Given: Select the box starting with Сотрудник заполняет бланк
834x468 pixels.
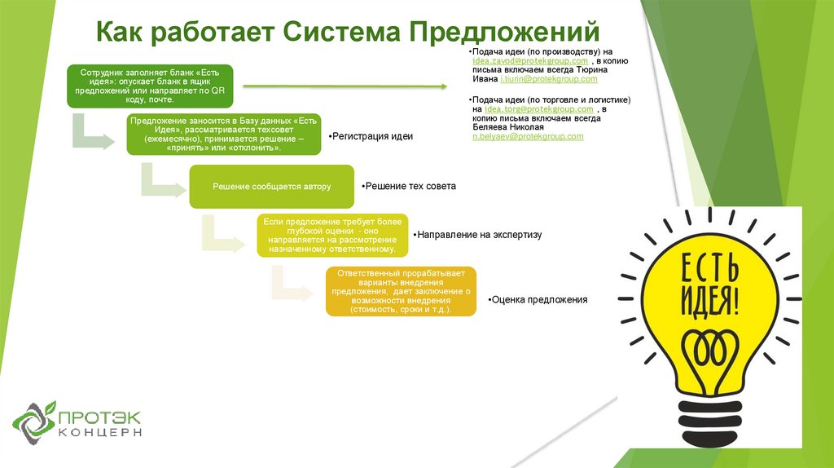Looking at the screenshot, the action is coord(149,86).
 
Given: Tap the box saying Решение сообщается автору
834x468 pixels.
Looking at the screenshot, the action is coord(272,187).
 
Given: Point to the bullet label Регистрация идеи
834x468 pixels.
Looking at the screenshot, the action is coord(371,136).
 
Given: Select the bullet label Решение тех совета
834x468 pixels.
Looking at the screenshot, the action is coord(410,186).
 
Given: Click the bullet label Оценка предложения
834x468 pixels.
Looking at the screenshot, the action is coord(538,300).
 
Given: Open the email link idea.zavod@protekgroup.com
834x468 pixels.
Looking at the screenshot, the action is coord(537,61).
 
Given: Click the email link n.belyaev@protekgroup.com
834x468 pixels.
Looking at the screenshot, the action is coord(528,136).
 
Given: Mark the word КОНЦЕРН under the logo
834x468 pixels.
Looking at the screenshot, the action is coord(100,432).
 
